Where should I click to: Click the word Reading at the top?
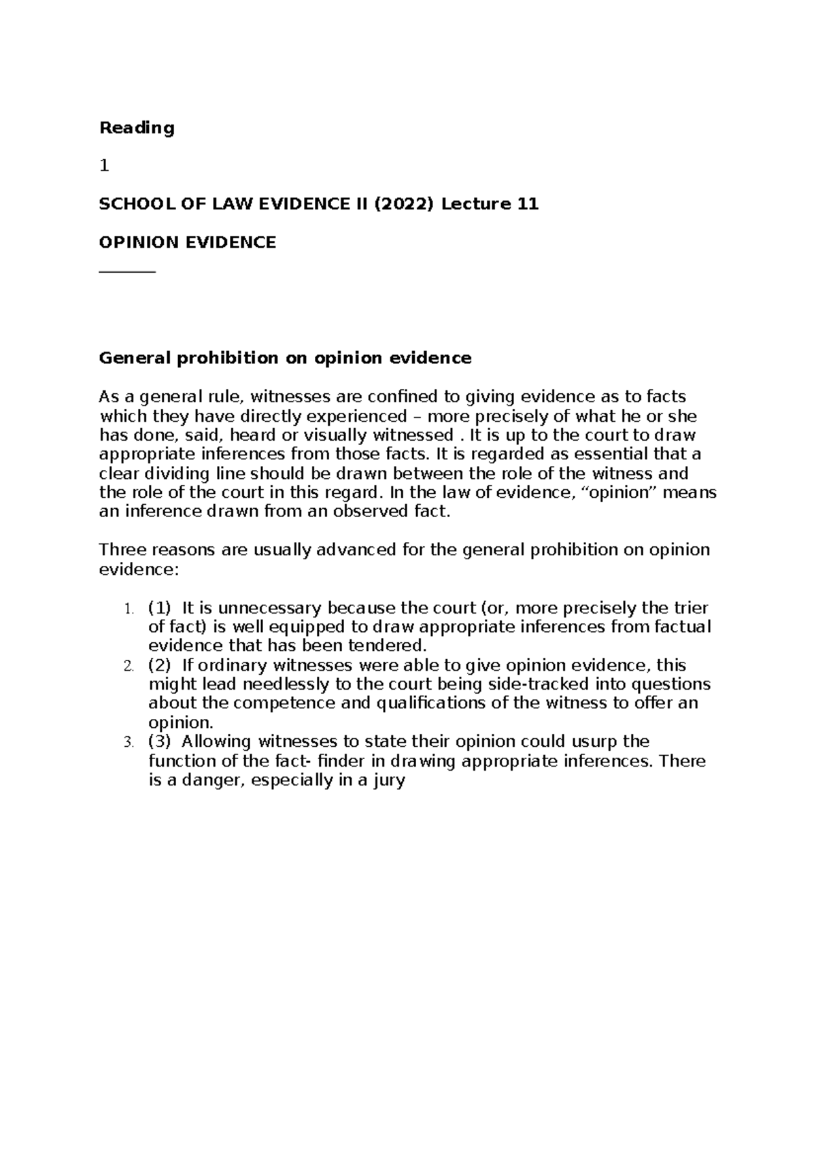coord(137,128)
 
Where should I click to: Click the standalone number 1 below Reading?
coord(103,166)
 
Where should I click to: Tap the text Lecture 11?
coord(490,204)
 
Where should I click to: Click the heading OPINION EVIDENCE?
coord(188,243)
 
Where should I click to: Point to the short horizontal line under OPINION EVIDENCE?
coord(127,272)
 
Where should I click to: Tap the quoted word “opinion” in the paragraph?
coord(621,492)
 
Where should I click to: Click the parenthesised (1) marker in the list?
coord(160,607)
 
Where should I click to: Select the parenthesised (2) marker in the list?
coord(160,665)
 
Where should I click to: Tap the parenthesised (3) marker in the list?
coord(160,741)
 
